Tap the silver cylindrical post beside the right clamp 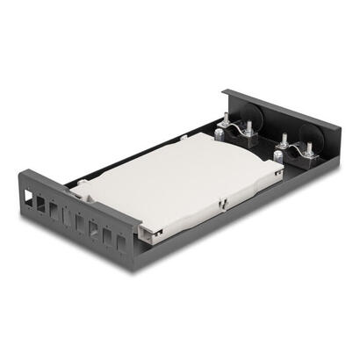click(x=278, y=156)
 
